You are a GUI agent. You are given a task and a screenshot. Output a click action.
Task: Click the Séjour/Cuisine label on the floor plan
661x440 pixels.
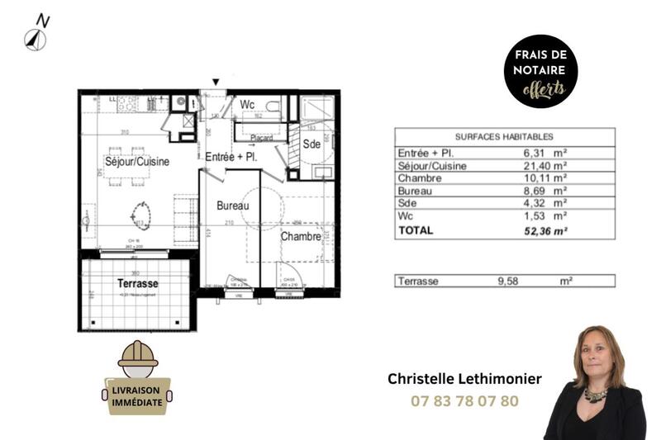136,162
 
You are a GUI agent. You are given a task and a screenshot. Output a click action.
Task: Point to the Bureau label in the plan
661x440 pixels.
233,205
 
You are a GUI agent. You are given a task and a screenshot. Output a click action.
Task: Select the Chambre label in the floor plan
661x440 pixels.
300,237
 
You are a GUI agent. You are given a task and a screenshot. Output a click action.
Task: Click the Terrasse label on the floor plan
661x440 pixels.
137,283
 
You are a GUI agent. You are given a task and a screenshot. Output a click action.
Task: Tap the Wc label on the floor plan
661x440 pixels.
247,106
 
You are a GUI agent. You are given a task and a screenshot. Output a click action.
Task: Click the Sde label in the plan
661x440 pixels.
311,144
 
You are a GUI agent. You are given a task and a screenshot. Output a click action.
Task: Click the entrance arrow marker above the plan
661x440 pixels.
216,82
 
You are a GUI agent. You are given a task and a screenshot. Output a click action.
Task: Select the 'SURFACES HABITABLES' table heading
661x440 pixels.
504,137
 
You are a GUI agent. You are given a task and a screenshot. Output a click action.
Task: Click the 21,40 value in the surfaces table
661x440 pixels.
536,166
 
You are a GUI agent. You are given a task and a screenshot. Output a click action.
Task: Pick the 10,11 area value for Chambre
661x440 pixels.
536,177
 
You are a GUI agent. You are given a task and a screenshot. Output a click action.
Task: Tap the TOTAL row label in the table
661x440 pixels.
415,231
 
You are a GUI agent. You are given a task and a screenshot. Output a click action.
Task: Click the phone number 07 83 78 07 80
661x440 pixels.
464,401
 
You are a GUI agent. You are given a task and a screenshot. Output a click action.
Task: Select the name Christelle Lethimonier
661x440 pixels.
464,379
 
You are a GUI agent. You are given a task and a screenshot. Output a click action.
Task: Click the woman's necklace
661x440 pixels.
595,394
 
